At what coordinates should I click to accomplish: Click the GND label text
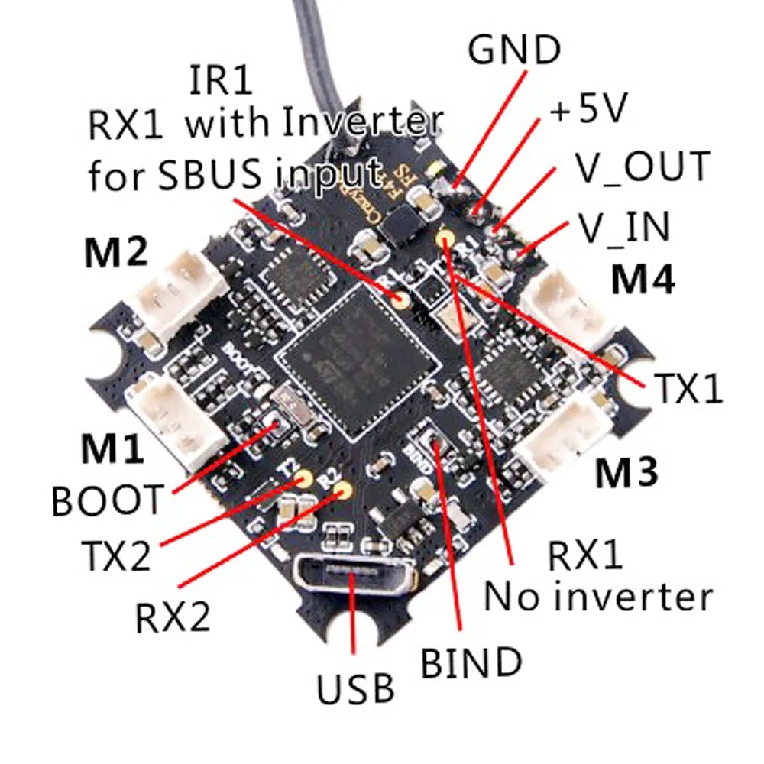point(514,50)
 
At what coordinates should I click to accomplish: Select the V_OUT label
point(643,167)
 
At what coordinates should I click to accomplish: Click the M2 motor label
point(117,254)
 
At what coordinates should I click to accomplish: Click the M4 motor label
point(643,280)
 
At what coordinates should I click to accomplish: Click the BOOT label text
point(107,501)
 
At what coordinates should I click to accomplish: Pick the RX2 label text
point(173,617)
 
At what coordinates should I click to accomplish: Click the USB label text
point(356,688)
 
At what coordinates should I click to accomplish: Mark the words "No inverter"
point(598,595)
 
